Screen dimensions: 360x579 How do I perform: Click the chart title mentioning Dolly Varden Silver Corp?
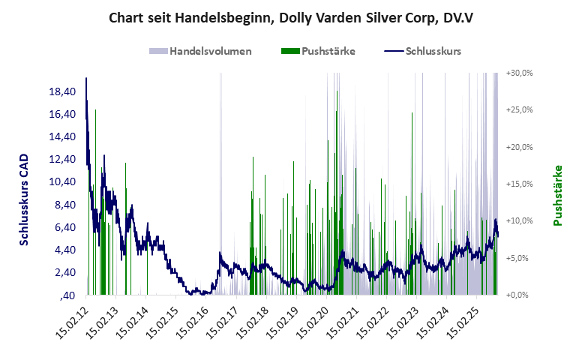pyautogui.click(x=289, y=16)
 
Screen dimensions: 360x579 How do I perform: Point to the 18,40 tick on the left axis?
pyautogui.click(x=62, y=91)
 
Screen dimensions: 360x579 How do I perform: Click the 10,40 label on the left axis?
pyautogui.click(x=62, y=181)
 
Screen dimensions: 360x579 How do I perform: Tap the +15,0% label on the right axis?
pyautogui.click(x=519, y=184)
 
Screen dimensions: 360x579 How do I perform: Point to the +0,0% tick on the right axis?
pyautogui.click(x=519, y=295)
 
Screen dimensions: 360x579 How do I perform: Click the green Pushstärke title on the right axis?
pyautogui.click(x=558, y=195)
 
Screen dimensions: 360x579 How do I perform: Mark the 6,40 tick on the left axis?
pyautogui.click(x=64, y=226)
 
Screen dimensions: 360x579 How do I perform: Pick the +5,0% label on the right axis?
pyautogui.click(x=520, y=258)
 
